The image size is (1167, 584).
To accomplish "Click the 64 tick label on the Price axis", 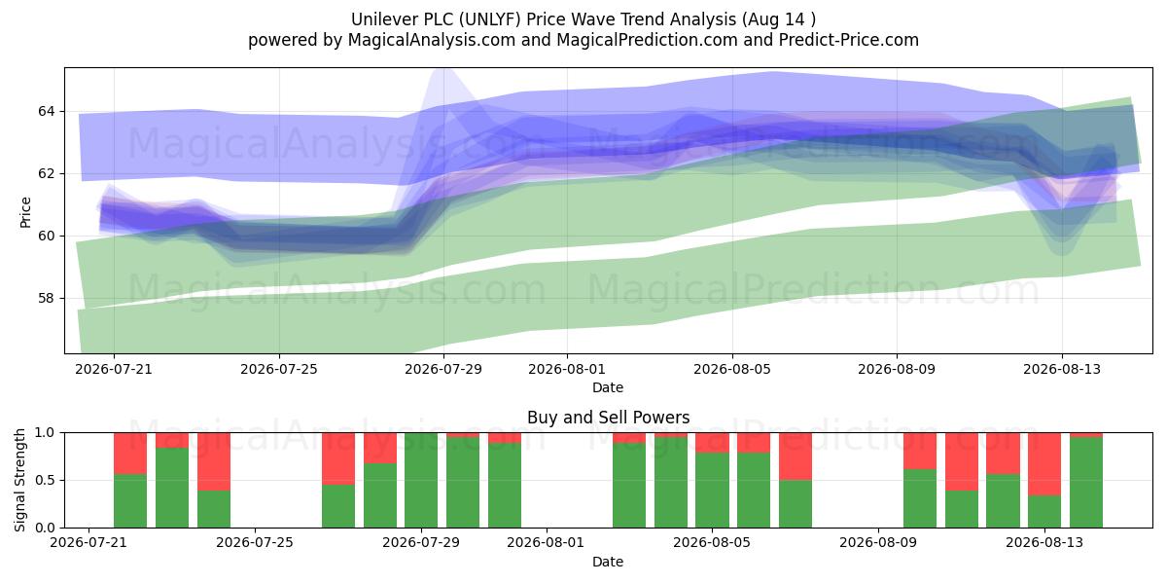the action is [x=46, y=112].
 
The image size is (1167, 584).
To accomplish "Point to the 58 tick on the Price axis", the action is [x=46, y=298].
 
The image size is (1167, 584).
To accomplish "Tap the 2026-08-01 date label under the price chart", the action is [x=567, y=370].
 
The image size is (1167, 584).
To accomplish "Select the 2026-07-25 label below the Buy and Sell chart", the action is [x=255, y=543].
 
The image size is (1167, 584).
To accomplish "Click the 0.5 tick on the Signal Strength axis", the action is [x=46, y=480].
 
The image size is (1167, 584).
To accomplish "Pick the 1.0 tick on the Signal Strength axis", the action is [x=46, y=433].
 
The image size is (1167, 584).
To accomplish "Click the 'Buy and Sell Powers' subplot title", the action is [x=608, y=418].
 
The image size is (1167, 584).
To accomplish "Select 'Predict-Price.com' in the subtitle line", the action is [x=849, y=40].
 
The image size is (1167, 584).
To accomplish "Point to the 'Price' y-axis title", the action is [x=25, y=212].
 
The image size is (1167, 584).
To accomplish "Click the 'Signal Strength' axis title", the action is [x=19, y=480].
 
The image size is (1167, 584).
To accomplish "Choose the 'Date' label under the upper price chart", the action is [x=608, y=387].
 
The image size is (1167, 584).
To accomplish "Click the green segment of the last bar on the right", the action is [x=1085, y=483].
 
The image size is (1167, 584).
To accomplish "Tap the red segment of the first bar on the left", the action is [x=130, y=454].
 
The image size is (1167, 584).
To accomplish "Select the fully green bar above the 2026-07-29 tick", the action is [x=421, y=480].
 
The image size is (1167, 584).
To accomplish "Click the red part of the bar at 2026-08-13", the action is [x=1044, y=463].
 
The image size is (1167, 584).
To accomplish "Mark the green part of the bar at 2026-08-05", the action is [x=712, y=490].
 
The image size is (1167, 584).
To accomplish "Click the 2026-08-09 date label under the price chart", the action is [x=897, y=370].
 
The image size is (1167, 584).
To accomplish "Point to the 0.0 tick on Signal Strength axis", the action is [x=46, y=528].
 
